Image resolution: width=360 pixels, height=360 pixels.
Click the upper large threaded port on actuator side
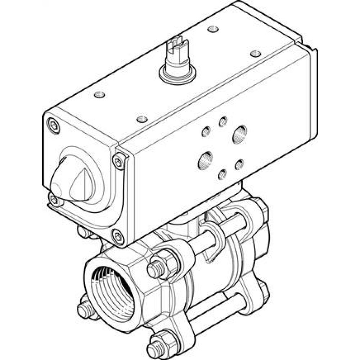click(239, 134)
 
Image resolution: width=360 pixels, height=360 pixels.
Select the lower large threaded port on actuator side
click(206, 159)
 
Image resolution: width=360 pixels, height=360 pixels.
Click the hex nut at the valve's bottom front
click(161, 343)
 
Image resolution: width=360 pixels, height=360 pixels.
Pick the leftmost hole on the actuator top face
click(99, 95)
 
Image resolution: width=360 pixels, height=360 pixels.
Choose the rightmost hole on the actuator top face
click(255, 53)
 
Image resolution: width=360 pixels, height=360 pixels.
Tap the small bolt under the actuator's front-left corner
click(84, 231)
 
